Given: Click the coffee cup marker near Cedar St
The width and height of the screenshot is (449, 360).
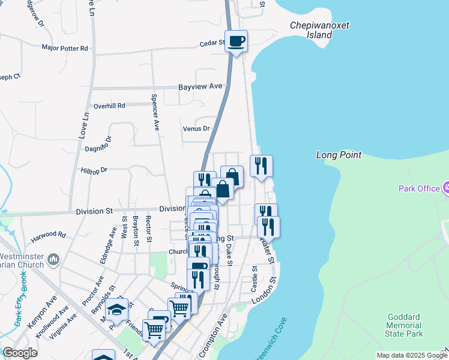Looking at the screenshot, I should pyautogui.click(x=237, y=41).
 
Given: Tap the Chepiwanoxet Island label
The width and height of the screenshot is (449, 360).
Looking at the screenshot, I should pyautogui.click(x=319, y=30).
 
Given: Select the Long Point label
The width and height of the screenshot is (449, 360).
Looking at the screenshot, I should pyautogui.click(x=339, y=155).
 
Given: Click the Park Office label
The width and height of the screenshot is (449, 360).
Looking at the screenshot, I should pyautogui.click(x=420, y=188).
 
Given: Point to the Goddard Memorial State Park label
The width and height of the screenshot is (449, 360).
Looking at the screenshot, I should pyautogui.click(x=406, y=325).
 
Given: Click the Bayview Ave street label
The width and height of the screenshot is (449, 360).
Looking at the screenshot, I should pyautogui.click(x=200, y=86).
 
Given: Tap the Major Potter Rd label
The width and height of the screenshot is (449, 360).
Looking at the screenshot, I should pyautogui.click(x=65, y=47).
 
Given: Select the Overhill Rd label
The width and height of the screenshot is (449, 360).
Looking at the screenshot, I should pyautogui.click(x=109, y=106).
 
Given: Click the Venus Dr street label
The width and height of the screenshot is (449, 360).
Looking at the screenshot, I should pyautogui.click(x=196, y=128).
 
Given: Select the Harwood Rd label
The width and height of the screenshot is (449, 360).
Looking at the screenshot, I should pyautogui.click(x=49, y=234).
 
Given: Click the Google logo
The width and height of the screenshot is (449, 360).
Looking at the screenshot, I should pyautogui.click(x=20, y=353).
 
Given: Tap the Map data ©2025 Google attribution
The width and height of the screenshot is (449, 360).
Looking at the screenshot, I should pyautogui.click(x=411, y=355).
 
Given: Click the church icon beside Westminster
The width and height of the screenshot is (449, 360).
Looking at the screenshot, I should pyautogui.click(x=53, y=260).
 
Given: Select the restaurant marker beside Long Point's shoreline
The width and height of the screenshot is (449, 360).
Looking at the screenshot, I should pyautogui.click(x=261, y=166).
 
